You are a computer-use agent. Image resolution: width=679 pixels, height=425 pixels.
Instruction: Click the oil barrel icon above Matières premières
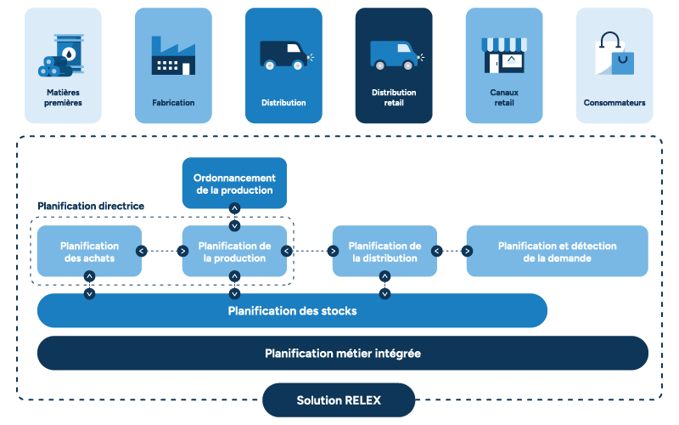click(x=64, y=56)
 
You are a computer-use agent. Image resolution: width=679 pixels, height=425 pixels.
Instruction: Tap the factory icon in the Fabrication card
click(x=173, y=55)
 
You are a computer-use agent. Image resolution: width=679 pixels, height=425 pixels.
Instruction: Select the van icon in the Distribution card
click(x=283, y=55)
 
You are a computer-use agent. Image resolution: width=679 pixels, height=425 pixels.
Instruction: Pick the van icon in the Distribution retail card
click(x=393, y=55)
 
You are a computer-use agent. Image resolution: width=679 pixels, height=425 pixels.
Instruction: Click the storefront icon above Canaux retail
click(x=504, y=54)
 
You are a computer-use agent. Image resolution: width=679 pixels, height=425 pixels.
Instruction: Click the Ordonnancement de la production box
click(x=234, y=184)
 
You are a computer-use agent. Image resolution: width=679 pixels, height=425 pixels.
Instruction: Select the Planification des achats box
click(x=89, y=252)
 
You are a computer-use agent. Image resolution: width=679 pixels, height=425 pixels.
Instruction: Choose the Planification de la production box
click(x=234, y=252)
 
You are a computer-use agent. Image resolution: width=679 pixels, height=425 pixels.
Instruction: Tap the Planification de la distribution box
click(x=384, y=252)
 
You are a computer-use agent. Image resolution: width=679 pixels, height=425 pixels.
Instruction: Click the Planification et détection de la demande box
click(x=557, y=252)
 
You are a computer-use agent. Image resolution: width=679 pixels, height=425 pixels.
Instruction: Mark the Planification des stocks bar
click(x=292, y=311)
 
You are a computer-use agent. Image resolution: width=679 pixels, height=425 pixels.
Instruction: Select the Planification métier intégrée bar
click(x=342, y=353)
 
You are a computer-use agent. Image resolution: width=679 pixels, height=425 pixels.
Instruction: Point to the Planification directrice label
click(x=91, y=207)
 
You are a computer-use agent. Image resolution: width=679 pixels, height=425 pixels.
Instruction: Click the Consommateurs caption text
click(x=614, y=103)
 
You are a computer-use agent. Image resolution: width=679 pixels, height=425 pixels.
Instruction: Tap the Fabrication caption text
click(x=173, y=103)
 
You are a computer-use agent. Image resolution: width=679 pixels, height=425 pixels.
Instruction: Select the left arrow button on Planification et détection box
click(x=467, y=251)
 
